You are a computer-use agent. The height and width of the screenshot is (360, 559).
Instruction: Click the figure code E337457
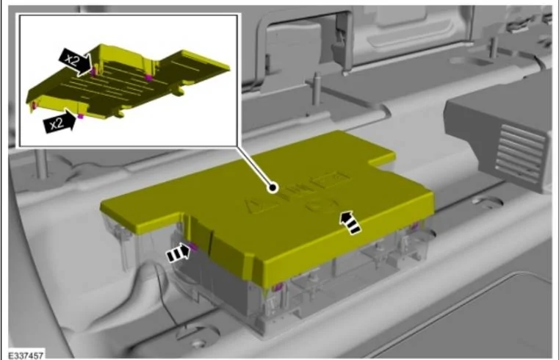pyautogui.click(x=26, y=356)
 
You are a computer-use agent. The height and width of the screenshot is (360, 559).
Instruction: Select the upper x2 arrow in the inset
pyautogui.click(x=76, y=62)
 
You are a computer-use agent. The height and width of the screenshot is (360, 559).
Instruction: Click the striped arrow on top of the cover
pyautogui.click(x=350, y=223)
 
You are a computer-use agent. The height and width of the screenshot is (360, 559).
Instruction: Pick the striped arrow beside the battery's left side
pyautogui.click(x=178, y=253)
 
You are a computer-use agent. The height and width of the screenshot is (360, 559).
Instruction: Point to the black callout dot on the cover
pyautogui.click(x=273, y=187)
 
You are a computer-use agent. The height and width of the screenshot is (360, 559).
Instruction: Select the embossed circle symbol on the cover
pyautogui.click(x=322, y=204)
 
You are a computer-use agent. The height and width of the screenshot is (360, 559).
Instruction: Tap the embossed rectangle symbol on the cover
pyautogui.click(x=333, y=179)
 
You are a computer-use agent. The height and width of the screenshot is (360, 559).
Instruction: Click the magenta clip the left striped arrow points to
pyautogui.click(x=193, y=246)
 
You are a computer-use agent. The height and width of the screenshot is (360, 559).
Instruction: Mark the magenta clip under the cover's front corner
pyautogui.click(x=277, y=287)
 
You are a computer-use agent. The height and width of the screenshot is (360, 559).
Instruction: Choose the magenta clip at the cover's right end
pyautogui.click(x=414, y=226)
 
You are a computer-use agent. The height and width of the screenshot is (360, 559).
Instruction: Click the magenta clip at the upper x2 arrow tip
pyautogui.click(x=93, y=72)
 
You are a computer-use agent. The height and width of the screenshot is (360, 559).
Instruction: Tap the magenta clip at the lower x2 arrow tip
pyautogui.click(x=81, y=116)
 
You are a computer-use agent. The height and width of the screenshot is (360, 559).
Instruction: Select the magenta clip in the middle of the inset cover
pyautogui.click(x=148, y=77)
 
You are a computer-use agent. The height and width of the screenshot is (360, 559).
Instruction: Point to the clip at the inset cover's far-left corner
pyautogui.click(x=35, y=106)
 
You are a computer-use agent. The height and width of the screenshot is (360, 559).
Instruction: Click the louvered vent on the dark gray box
pyautogui.click(x=520, y=154)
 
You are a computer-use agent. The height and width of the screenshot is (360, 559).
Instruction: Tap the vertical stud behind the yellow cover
pyautogui.click(x=316, y=89)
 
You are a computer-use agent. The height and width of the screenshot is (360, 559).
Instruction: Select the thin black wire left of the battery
pyautogui.click(x=166, y=296)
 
